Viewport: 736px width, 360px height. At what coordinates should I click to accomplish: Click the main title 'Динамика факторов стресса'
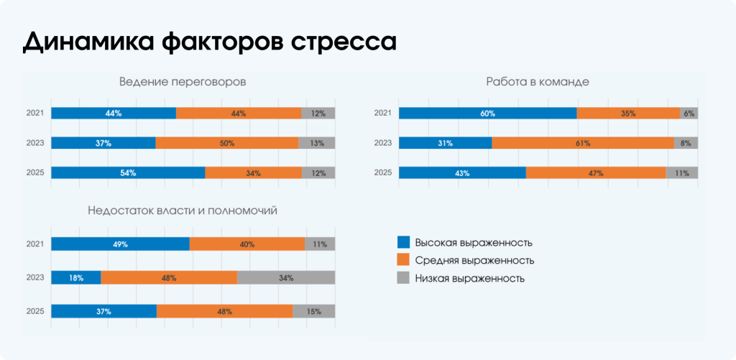(x=209, y=41)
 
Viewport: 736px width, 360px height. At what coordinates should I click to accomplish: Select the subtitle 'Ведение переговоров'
(x=183, y=82)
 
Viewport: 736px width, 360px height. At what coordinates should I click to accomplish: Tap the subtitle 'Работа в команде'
(x=538, y=82)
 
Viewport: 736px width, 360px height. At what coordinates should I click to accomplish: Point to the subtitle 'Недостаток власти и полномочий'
(x=183, y=211)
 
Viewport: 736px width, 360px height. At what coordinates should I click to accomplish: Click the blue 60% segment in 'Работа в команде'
(x=488, y=114)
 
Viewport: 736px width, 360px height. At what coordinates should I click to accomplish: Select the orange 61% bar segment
(x=583, y=143)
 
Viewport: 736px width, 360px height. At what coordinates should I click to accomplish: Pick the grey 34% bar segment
(x=286, y=278)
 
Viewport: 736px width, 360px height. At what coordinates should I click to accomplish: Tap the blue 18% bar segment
(x=75, y=278)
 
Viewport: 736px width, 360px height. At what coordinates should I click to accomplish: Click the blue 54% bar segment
(x=128, y=172)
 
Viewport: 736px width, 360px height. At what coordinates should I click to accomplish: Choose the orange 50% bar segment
(x=227, y=143)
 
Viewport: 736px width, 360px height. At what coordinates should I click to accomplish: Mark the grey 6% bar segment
(x=689, y=114)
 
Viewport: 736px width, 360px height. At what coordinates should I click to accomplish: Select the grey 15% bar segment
(x=313, y=311)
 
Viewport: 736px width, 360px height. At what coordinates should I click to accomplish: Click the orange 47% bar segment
(x=596, y=172)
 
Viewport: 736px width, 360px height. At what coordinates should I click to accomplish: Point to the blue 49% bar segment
(x=120, y=244)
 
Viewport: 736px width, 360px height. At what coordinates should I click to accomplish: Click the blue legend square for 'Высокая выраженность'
(x=404, y=242)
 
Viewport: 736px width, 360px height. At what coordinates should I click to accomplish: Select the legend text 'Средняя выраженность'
(x=474, y=260)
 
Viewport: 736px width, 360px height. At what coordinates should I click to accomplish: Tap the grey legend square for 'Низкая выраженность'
(x=404, y=277)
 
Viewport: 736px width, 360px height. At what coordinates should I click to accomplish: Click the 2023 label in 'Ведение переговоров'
(x=35, y=143)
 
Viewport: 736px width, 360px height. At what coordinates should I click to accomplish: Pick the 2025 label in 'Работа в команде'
(x=383, y=172)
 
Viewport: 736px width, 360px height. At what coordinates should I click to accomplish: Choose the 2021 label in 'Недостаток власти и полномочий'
(x=35, y=244)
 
